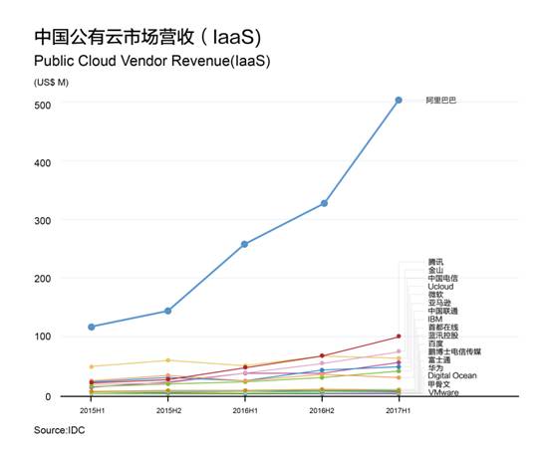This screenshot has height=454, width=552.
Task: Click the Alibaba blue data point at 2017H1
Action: [399, 100]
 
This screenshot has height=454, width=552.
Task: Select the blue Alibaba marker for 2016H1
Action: [245, 244]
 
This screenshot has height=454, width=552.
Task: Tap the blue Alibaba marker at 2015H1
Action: [92, 327]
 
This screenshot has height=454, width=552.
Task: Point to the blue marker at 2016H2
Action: [324, 203]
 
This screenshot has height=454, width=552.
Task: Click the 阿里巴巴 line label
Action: [440, 101]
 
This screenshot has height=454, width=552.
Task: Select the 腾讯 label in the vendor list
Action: [435, 262]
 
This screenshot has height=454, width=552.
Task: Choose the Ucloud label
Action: [442, 287]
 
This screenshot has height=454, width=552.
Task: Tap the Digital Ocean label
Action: [451, 375]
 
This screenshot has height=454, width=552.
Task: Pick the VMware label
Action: [443, 392]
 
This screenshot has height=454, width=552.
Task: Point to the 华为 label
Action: [435, 367]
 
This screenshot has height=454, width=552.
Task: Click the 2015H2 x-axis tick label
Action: [168, 408]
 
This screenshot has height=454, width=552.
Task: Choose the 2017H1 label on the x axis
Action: [399, 408]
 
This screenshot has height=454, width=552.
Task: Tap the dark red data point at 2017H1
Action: [399, 337]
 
